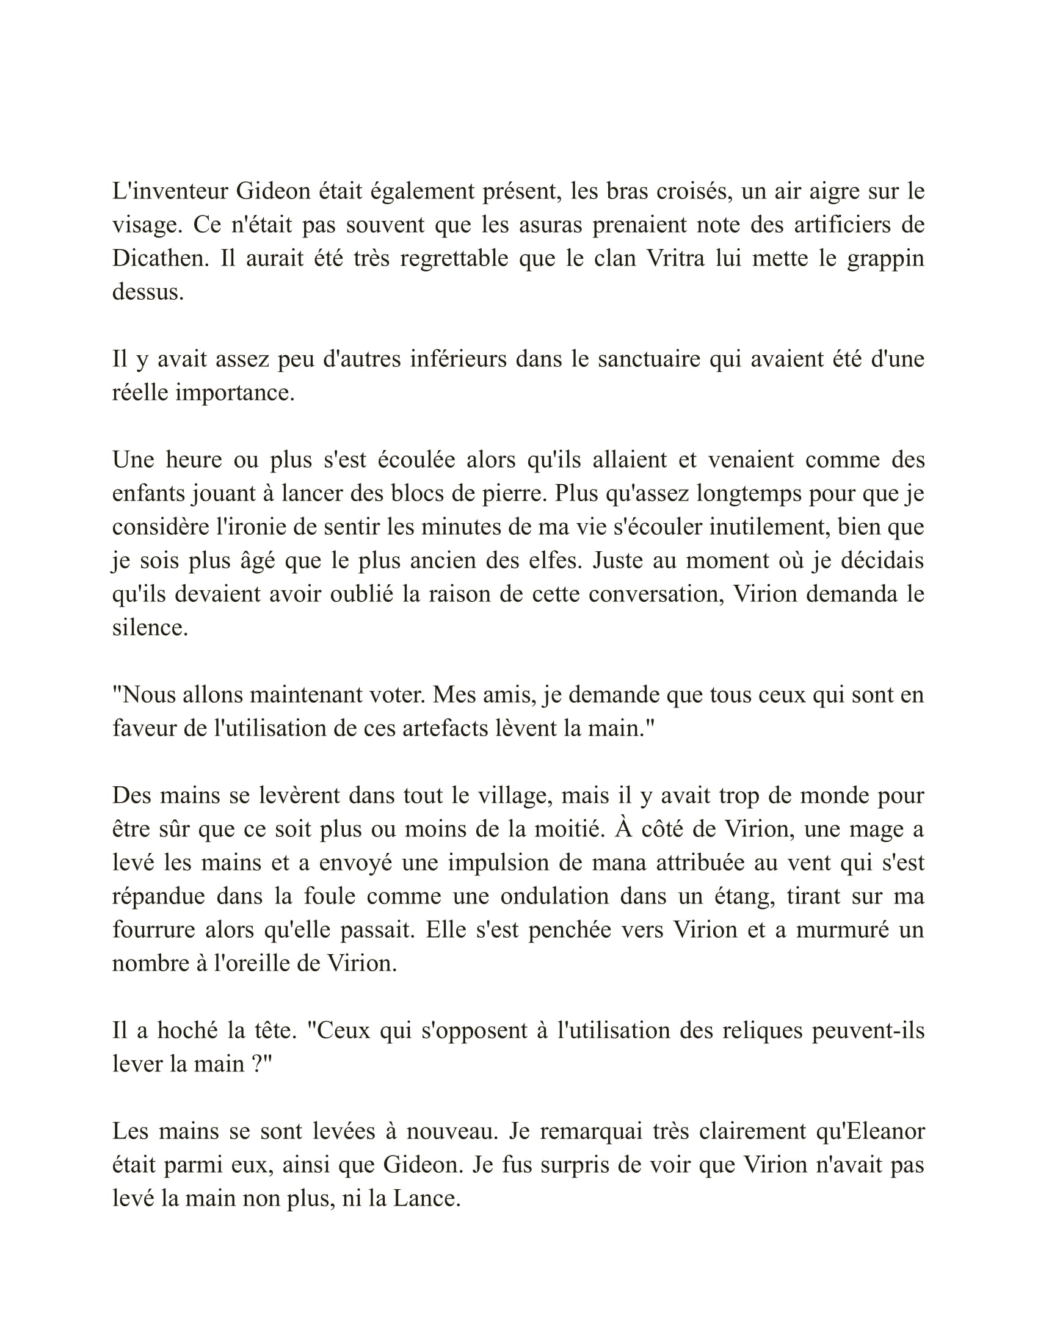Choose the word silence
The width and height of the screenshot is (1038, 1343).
point(150,627)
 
